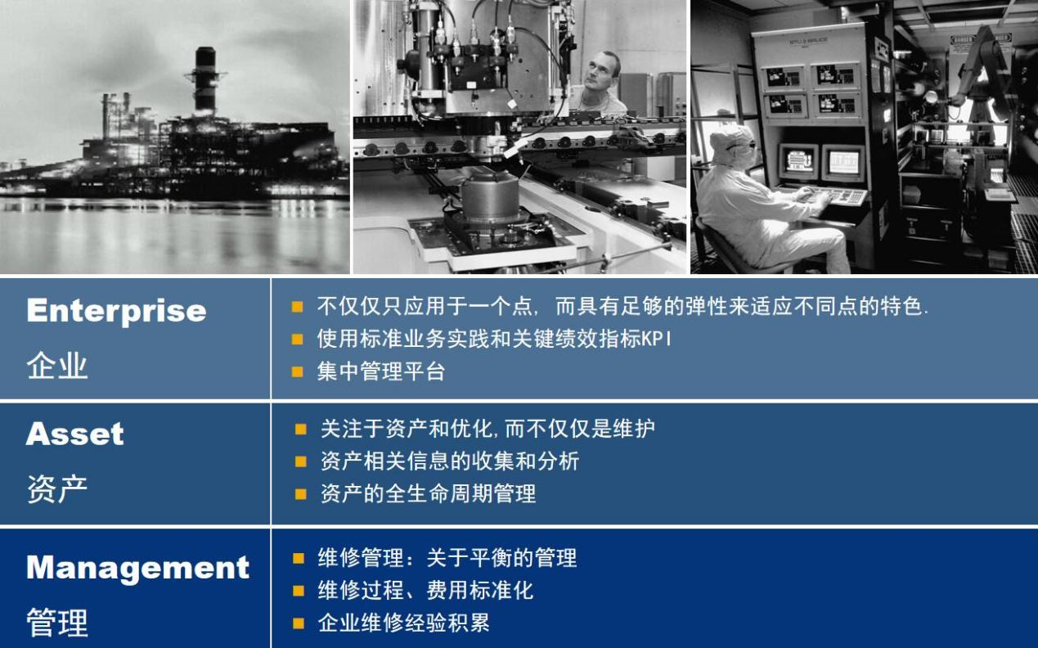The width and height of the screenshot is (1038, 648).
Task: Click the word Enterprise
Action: tap(116, 312)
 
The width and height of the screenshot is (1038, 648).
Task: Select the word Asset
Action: tap(75, 434)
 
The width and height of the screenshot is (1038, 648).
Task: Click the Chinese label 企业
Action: tap(57, 366)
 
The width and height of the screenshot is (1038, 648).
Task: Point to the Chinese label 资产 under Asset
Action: tap(57, 489)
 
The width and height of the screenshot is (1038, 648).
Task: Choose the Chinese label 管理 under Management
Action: tap(57, 622)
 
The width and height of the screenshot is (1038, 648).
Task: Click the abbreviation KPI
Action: tap(656, 339)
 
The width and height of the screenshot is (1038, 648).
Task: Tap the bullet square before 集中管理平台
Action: tap(297, 371)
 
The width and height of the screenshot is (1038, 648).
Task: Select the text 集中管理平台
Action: tap(381, 371)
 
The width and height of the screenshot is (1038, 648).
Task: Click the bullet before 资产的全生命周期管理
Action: tap(301, 494)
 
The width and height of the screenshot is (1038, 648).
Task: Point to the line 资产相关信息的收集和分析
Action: tap(450, 461)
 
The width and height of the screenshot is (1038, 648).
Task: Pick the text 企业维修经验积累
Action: tap(403, 623)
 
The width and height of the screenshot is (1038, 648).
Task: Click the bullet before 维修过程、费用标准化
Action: tap(299, 591)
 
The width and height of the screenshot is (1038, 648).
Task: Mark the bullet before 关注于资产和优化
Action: tap(301, 430)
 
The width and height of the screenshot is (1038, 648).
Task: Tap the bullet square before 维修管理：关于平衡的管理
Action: tap(299, 558)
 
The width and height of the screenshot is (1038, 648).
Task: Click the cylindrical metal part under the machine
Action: tap(490, 195)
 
